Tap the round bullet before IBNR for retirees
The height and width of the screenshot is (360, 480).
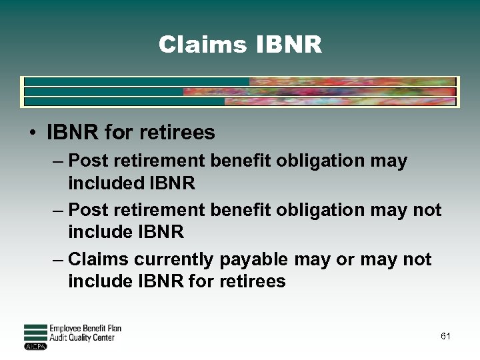(33, 133)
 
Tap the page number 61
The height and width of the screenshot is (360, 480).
(445, 336)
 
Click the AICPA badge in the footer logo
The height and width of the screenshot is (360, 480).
(35, 346)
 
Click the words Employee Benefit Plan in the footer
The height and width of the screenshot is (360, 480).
(85, 329)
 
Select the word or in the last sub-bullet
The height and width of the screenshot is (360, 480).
(345, 259)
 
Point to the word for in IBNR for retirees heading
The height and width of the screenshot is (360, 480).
(119, 133)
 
